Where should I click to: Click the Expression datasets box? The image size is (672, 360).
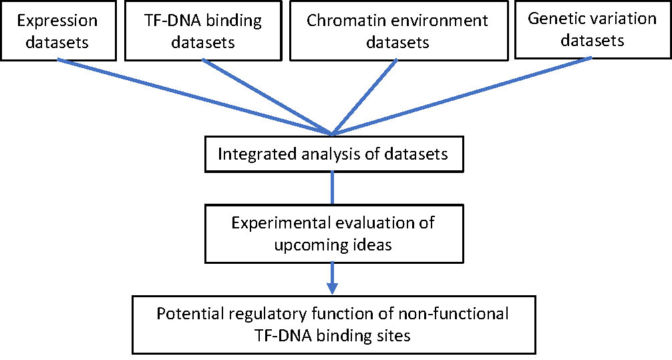pos(58,31)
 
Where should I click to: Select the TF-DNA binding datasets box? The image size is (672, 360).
pos(203,31)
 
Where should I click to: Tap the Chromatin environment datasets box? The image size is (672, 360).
pos(399,31)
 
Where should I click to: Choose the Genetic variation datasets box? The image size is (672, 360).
pos(593,29)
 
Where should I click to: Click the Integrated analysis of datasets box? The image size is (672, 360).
pos(334,154)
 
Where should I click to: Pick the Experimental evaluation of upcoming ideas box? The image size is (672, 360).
pos(334,234)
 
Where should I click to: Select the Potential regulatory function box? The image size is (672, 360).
pos(334,325)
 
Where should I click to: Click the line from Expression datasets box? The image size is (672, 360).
pos(195,98)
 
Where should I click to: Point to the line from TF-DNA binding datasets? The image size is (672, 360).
pos(267,98)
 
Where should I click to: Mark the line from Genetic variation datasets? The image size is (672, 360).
pos(462,96)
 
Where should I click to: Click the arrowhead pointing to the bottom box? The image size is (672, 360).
pos(332,288)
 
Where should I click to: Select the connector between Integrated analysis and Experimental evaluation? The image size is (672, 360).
pos(333,188)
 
